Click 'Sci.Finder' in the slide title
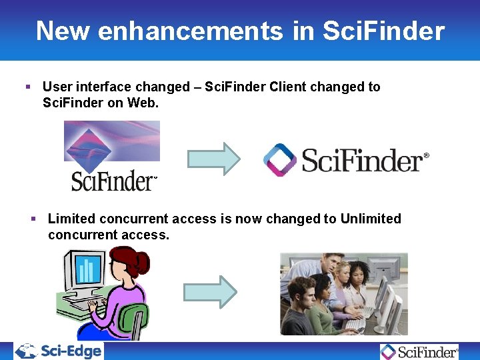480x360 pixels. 383,31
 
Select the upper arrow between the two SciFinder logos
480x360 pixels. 213,159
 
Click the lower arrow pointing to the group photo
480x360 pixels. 210,291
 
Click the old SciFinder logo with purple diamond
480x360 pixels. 112,156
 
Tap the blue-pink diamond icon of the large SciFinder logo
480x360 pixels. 280,160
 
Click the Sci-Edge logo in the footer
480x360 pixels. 59,351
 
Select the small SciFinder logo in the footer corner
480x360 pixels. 419,351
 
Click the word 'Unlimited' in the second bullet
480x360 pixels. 371,219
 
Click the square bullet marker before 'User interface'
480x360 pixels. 28,87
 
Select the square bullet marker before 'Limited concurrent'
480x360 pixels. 34,219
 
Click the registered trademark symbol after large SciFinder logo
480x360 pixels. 427,155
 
